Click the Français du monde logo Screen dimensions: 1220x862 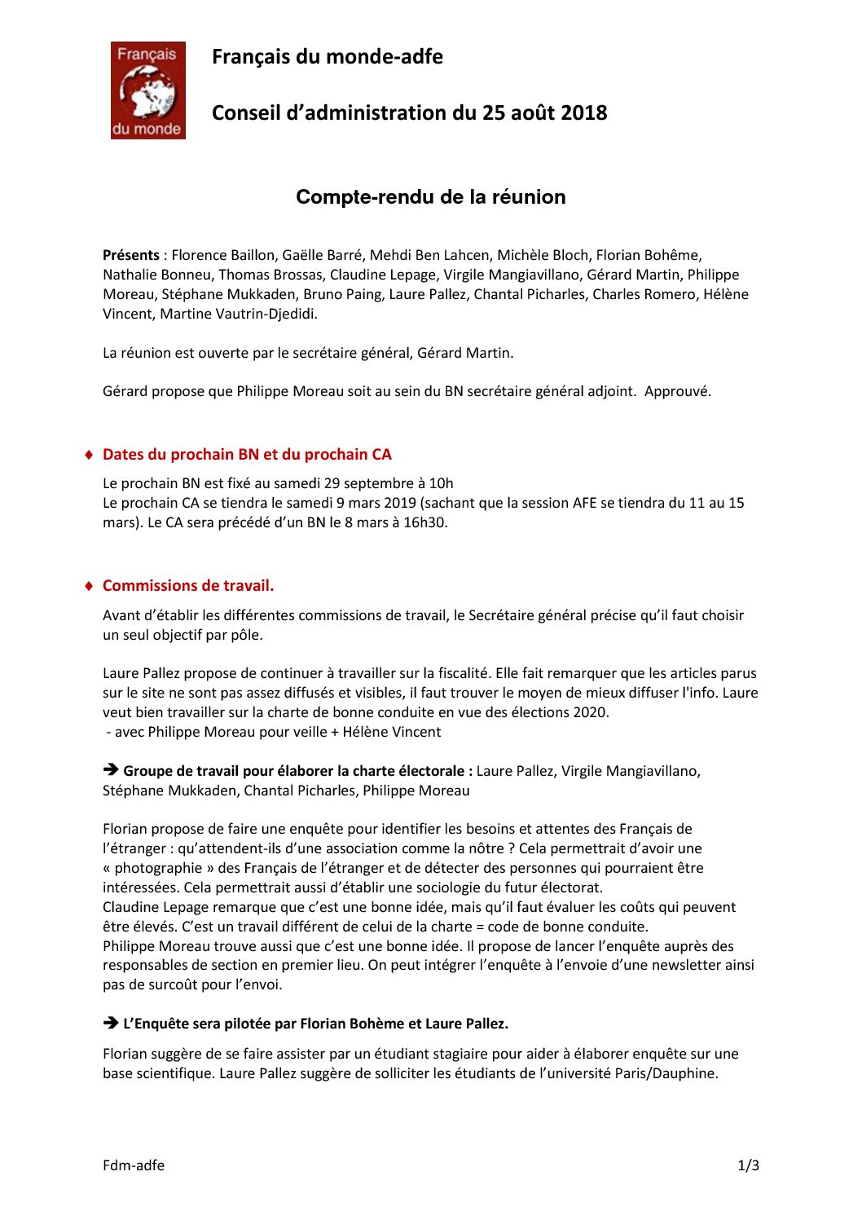147,90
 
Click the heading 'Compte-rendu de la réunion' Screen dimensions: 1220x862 430,197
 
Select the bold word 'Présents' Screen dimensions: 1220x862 130,255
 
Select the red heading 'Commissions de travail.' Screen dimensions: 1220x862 188,585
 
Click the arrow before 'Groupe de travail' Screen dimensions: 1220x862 111,770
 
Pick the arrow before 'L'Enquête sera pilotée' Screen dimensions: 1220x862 111,1023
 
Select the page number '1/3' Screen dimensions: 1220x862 748,1165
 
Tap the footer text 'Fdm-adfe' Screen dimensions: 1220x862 134,1165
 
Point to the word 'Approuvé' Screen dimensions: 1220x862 677,391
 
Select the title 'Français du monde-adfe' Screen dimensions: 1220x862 328,57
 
